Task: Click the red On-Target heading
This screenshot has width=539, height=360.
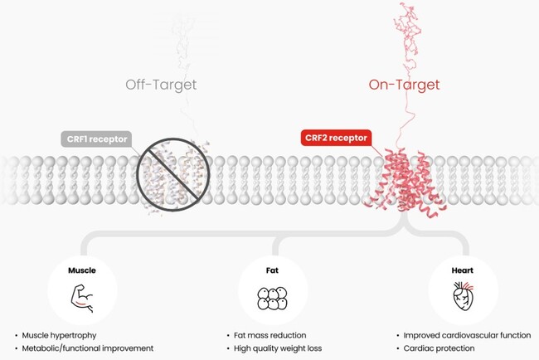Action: tap(405, 85)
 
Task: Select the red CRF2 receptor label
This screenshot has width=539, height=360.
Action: tap(334, 139)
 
